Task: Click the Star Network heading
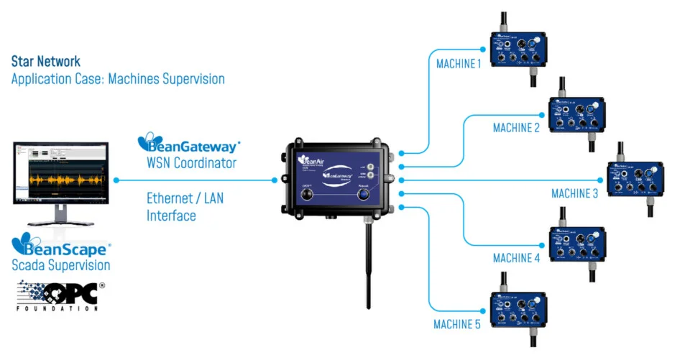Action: (46, 62)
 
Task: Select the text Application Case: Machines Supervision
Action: (118, 79)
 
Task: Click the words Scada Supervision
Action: (61, 266)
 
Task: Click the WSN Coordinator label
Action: (191, 163)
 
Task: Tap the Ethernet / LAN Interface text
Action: (185, 206)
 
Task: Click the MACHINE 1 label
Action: (459, 63)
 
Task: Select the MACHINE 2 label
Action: (516, 128)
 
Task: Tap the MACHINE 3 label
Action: (575, 193)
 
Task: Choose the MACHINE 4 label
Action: (516, 258)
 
